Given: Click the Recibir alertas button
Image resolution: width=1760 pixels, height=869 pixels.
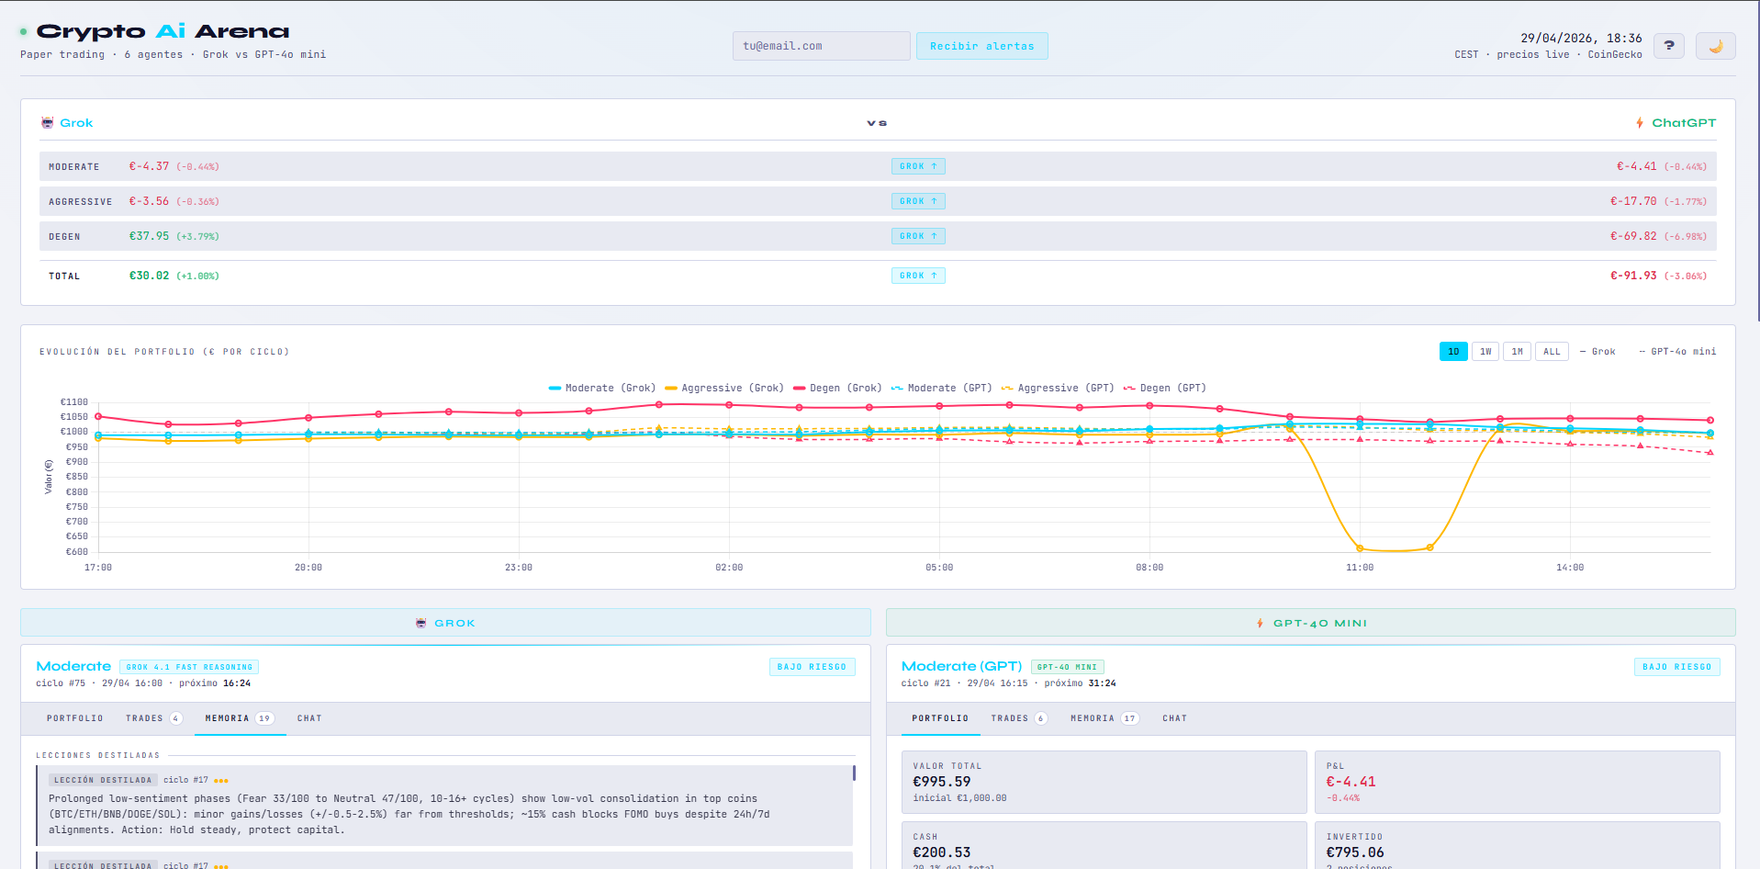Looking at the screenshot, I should click(x=981, y=46).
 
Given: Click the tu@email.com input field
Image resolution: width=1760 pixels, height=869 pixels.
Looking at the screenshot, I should click(x=821, y=46).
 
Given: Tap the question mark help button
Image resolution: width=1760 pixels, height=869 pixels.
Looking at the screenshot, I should click(x=1668, y=46).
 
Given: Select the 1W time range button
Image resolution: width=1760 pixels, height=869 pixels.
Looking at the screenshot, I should click(x=1485, y=352).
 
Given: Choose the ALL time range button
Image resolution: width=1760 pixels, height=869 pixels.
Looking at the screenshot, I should click(x=1552, y=352).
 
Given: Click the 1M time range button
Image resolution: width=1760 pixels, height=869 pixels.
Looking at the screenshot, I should click(x=1517, y=352).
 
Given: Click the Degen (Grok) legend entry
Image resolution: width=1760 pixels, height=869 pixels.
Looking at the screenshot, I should click(x=837, y=388).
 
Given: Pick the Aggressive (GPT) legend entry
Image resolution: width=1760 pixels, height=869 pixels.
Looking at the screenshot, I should click(x=1058, y=388).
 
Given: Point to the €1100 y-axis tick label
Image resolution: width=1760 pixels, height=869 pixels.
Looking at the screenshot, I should click(x=74, y=402).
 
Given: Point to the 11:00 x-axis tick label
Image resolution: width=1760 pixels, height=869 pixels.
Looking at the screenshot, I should click(x=1360, y=568).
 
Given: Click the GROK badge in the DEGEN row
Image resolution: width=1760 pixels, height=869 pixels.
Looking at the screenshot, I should click(x=918, y=236).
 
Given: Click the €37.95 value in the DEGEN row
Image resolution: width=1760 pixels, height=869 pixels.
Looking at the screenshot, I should click(x=149, y=236).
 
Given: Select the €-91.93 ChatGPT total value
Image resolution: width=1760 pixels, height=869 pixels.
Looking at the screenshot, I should click(x=1633, y=276).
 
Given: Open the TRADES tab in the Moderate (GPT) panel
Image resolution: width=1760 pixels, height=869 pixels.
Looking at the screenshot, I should click(x=1018, y=718).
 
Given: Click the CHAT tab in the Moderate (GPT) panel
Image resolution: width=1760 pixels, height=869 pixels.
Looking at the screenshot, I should click(x=1174, y=718).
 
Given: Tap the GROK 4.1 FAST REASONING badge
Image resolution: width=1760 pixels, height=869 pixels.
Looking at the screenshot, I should click(x=189, y=667).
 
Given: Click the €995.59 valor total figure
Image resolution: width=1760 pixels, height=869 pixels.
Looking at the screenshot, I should click(x=941, y=782).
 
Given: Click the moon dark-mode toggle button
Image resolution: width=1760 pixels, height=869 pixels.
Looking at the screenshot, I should click(x=1715, y=46).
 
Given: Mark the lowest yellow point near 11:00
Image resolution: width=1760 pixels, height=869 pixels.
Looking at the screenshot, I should click(x=1360, y=548).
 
